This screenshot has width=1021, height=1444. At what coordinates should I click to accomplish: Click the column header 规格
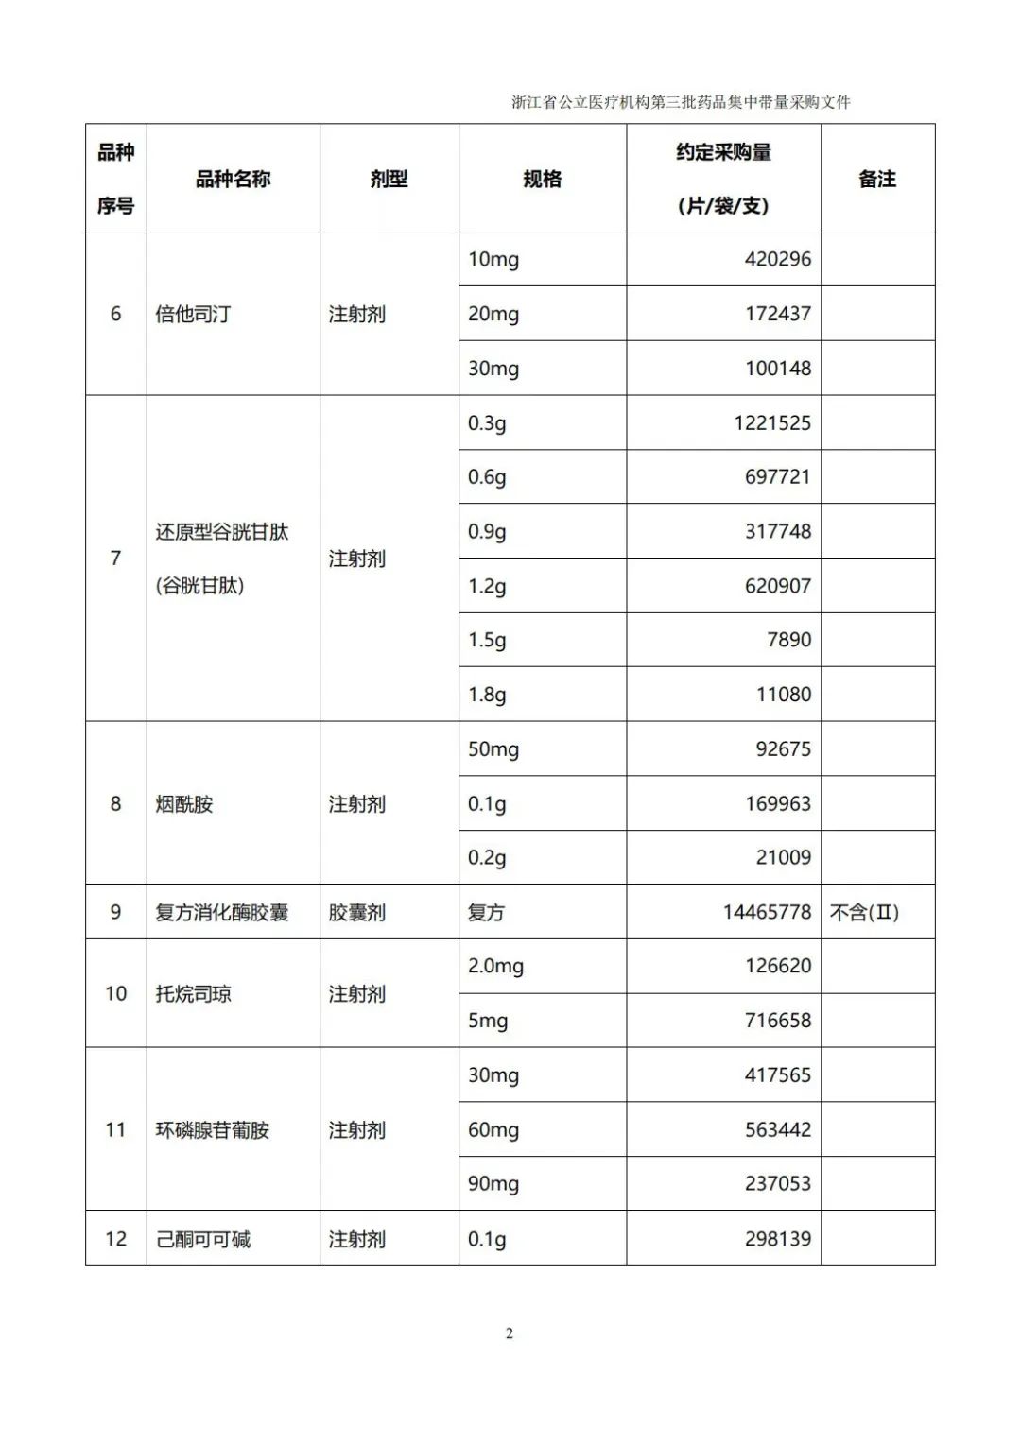coord(542,179)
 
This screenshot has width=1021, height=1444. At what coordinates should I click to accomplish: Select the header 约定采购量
coord(723,152)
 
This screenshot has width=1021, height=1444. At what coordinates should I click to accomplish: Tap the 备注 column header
coord(876,179)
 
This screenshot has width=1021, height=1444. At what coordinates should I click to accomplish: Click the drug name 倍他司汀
coord(193,314)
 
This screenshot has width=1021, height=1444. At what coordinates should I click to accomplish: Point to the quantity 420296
coord(777,259)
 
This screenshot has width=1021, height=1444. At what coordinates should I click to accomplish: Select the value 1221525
coord(771,422)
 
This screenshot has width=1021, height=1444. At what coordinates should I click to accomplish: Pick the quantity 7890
coord(788,640)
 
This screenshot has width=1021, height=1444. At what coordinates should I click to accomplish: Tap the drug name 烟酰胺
coord(184,804)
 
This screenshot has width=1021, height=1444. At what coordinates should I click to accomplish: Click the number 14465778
coord(767,912)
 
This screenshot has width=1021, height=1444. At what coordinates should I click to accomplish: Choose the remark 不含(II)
coord(864,912)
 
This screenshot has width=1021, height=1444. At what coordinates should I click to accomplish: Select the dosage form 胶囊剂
coord(356,913)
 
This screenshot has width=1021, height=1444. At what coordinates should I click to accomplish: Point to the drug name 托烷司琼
coord(193,994)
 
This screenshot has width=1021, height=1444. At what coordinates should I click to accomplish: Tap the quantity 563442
coord(777,1129)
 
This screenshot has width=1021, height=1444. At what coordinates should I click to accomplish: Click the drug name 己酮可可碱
coord(203,1239)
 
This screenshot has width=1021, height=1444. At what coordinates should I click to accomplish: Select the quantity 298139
coord(777,1239)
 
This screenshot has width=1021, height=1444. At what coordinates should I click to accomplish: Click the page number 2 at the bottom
coord(510,1333)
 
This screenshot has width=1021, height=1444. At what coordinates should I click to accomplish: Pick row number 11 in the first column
coord(115,1130)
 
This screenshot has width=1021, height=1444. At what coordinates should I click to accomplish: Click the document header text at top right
coord(681,102)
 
